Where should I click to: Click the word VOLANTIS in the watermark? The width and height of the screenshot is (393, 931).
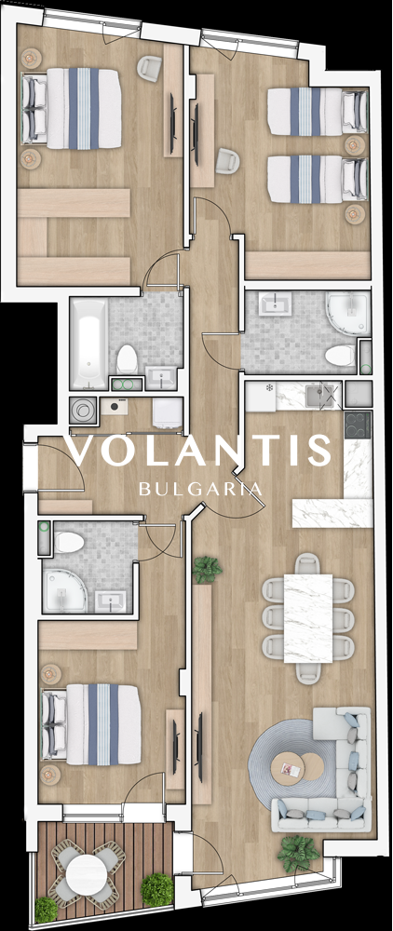tap(199, 451)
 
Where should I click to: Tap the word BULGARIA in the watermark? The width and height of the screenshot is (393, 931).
tap(200, 489)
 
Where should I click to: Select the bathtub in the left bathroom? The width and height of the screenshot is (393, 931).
tap(88, 344)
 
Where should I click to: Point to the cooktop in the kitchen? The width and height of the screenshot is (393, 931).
tap(358, 424)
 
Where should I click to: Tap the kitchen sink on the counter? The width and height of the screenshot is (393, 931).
tap(320, 394)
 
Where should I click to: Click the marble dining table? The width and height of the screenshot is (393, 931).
tap(307, 617)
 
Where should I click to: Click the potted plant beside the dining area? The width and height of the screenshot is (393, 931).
tap(207, 570)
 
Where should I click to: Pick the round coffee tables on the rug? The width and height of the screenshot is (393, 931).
tap(297, 769)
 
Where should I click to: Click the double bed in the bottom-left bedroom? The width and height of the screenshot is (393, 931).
tap(91, 724)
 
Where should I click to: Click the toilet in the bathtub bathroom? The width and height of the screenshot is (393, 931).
tap(127, 359)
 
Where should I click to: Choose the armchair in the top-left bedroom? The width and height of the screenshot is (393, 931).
tap(148, 68)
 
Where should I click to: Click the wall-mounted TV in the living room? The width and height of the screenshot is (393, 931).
tap(200, 747)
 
